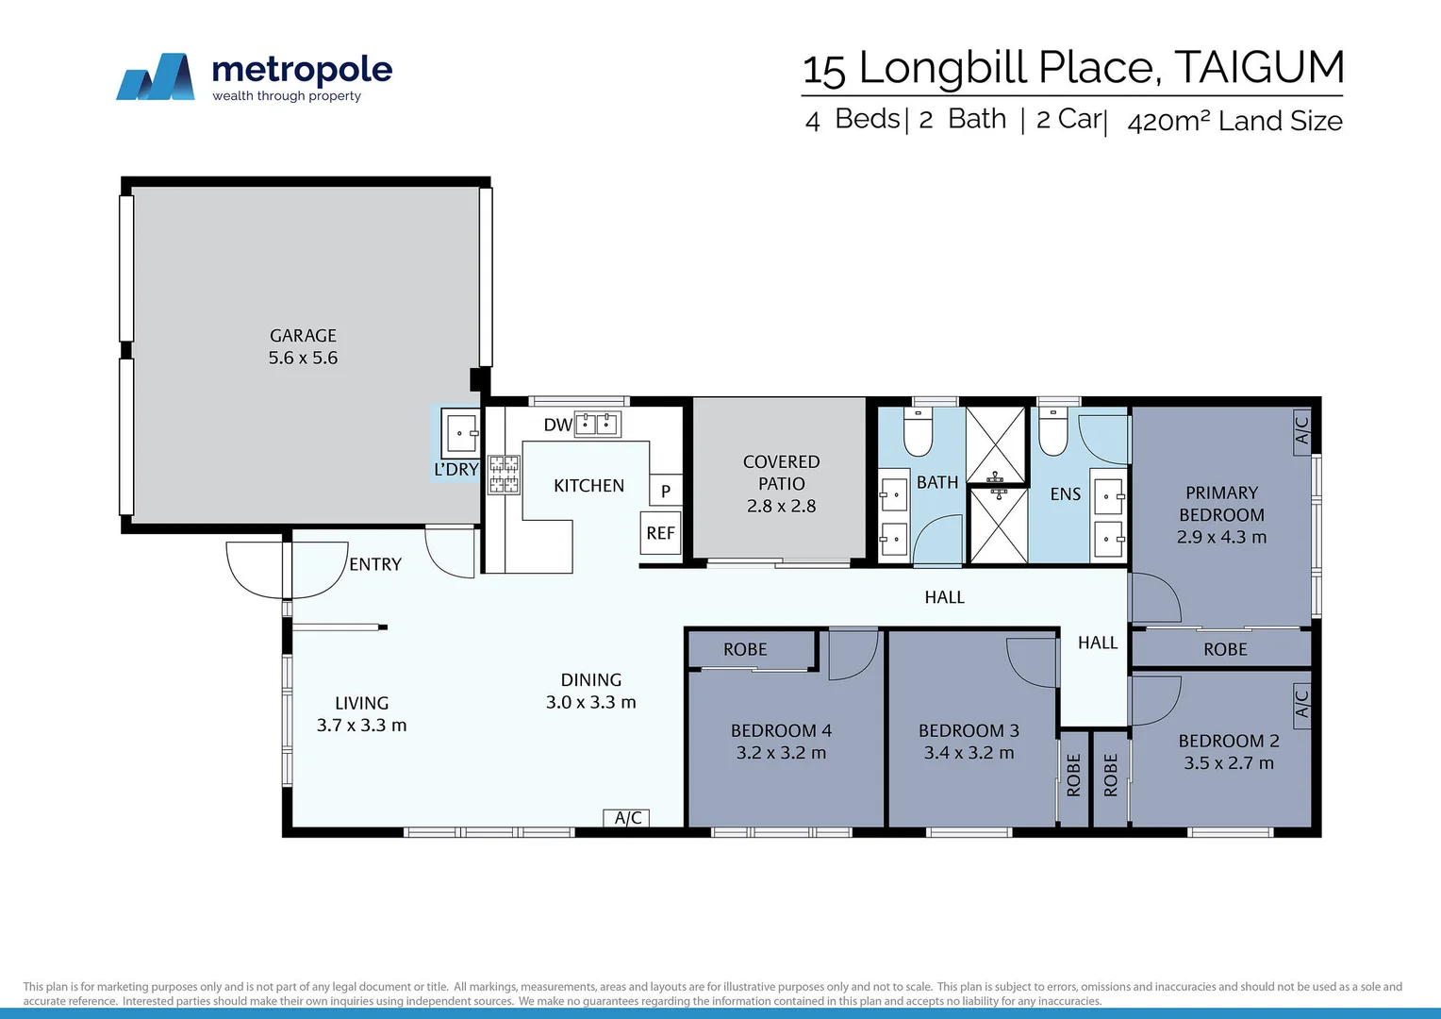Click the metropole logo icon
[x=156, y=77]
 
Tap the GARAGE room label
[x=303, y=336]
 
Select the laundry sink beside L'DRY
[x=460, y=434]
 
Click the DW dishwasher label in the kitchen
[x=557, y=425]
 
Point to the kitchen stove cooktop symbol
[x=504, y=475]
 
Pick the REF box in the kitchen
[x=660, y=533]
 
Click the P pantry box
[x=666, y=491]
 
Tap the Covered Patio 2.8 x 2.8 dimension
[x=781, y=506]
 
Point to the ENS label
[x=1066, y=494]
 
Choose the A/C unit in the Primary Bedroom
[x=1301, y=430]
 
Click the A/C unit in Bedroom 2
[x=1301, y=703]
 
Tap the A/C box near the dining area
[x=627, y=818]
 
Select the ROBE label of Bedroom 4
[x=745, y=649]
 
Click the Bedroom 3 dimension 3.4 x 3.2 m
[x=969, y=753]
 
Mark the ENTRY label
[x=375, y=564]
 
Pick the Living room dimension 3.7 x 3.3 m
[x=361, y=726]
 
